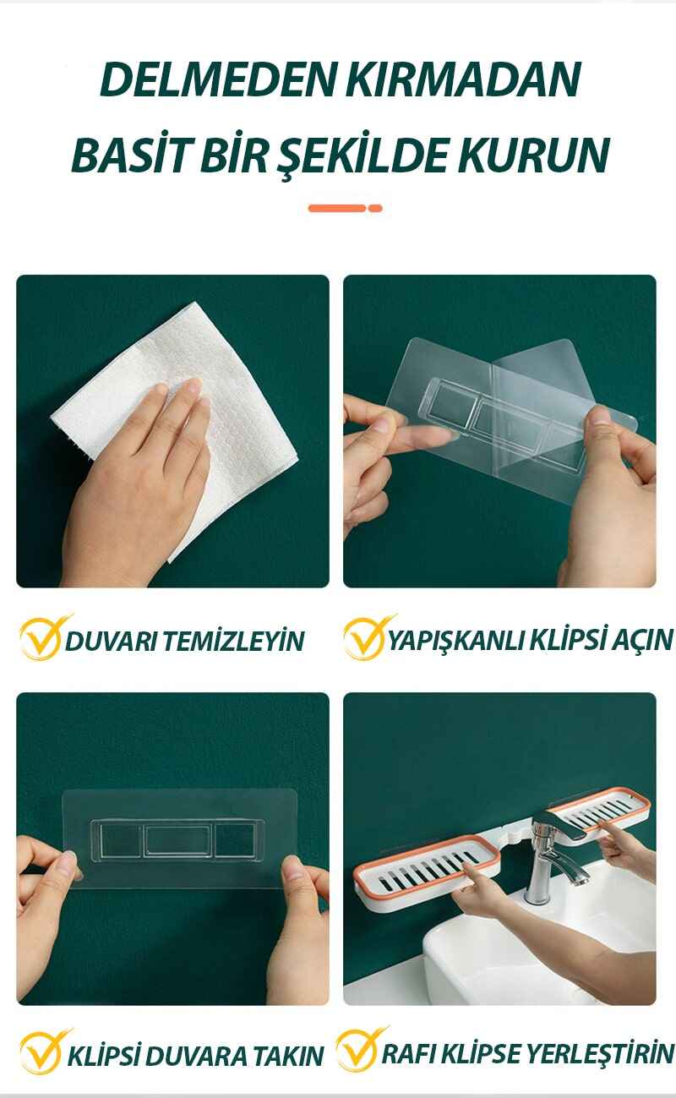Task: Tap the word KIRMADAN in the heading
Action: pos(463,79)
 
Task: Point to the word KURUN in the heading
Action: pos(534,156)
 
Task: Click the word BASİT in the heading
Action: pos(130,154)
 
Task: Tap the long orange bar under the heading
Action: pos(337,208)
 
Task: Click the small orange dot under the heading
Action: pos(375,208)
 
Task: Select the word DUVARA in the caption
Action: pos(192,1057)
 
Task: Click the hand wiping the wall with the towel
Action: pos(137,485)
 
